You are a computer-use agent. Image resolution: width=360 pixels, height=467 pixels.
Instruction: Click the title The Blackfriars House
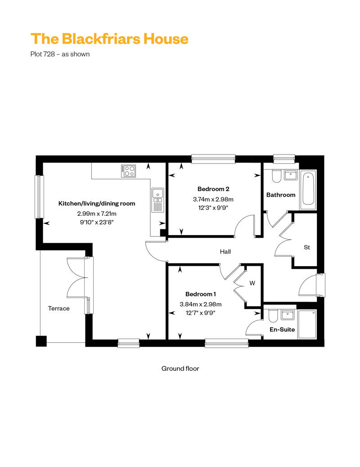[x=109, y=39]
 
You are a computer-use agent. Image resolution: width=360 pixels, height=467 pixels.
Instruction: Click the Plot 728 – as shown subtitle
[x=60, y=54]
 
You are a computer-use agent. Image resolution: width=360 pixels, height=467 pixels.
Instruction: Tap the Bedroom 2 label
[x=213, y=189]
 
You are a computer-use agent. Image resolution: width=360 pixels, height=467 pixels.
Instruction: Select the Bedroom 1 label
[x=201, y=294]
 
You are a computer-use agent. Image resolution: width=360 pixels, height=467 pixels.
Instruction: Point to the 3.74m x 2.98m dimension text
[x=213, y=199]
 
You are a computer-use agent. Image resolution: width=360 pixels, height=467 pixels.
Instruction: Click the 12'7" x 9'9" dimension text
[x=201, y=313]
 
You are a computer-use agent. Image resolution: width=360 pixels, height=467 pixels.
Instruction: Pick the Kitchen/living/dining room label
[x=97, y=204]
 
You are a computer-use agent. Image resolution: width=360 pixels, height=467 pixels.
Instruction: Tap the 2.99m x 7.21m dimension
[x=97, y=213]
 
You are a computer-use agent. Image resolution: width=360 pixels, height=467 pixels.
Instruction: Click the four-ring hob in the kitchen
[x=129, y=171]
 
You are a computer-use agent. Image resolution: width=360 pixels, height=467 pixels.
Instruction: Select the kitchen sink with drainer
[x=157, y=200]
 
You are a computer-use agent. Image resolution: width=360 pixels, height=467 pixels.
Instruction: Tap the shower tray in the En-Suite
[x=307, y=324]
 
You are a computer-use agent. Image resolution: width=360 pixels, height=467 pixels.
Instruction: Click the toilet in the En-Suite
[x=273, y=316]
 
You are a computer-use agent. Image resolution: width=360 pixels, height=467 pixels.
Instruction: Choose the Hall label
[x=225, y=252]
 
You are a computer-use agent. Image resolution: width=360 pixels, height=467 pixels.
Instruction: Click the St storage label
[x=307, y=248]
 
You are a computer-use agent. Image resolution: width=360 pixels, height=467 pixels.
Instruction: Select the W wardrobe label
[x=252, y=283]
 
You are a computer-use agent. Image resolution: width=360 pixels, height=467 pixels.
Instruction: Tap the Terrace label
[x=58, y=308]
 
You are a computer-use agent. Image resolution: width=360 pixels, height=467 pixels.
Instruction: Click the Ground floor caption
[x=180, y=369]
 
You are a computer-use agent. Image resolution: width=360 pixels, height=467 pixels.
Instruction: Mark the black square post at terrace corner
[x=41, y=341]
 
